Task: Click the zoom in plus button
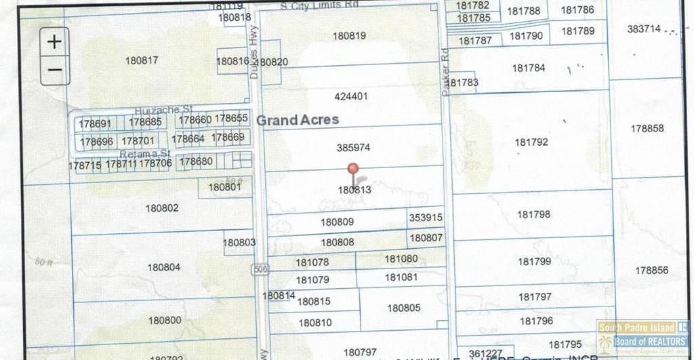pos(55,41)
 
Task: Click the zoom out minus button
pos(55,70)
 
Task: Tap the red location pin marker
pos(352,169)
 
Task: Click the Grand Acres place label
pos(297,120)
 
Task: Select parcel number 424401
pos(351,96)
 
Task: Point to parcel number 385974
pos(353,147)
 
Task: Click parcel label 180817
pos(142,60)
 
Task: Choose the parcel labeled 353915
pos(426,218)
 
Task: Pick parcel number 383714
pos(643,29)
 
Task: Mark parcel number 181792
pos(531,142)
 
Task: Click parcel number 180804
pos(164,267)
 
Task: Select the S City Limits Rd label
pos(319,5)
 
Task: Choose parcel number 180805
pos(404,308)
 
